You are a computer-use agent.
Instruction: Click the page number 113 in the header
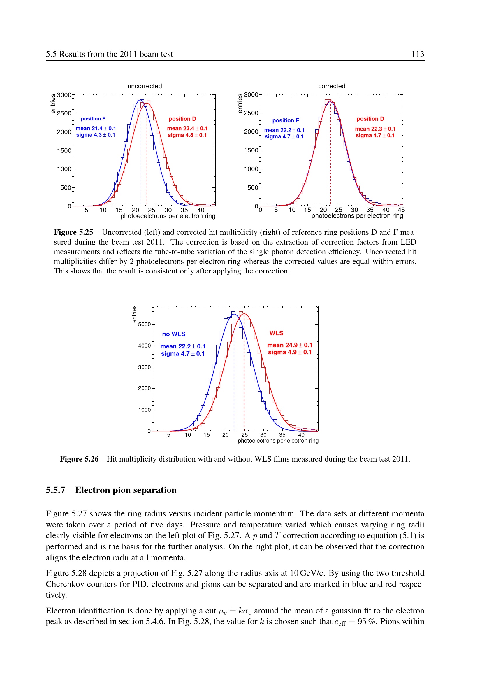(418, 54)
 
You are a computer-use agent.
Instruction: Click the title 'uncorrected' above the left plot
(145, 86)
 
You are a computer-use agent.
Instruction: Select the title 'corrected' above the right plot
(332, 86)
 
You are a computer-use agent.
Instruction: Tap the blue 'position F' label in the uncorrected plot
(93, 119)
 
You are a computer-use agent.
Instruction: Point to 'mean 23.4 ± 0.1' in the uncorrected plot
(187, 128)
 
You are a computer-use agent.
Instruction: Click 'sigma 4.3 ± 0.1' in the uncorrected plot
(96, 135)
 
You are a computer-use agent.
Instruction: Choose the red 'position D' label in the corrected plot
(370, 119)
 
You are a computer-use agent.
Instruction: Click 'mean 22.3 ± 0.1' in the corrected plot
(375, 129)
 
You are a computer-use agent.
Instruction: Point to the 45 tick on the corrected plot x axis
(401, 210)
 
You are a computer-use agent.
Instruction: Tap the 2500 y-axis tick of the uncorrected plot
(64, 113)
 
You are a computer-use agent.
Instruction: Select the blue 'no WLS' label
(174, 334)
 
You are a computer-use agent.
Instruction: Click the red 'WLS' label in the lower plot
(276, 333)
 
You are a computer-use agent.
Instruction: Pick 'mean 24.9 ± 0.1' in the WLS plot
(290, 345)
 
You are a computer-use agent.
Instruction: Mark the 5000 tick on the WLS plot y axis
(144, 324)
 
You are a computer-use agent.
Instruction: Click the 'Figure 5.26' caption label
(79, 459)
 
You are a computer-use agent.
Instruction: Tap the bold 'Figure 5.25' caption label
(73, 232)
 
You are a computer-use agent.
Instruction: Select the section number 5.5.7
(55, 490)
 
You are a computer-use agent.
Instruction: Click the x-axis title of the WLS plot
(278, 441)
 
